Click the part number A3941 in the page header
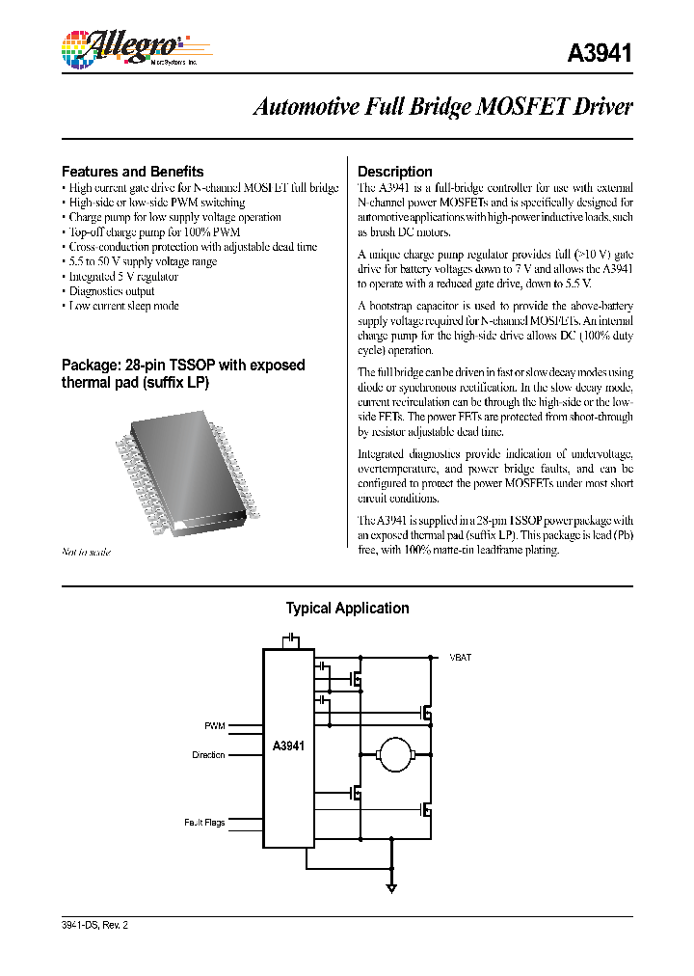[x=599, y=53]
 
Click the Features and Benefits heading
[x=132, y=172]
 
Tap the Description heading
[x=395, y=172]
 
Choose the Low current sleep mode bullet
[x=123, y=306]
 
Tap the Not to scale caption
[x=87, y=552]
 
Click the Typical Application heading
[x=347, y=609]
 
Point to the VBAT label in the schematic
[x=461, y=657]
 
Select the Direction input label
[x=208, y=755]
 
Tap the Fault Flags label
[x=204, y=823]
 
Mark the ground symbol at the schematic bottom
[x=391, y=887]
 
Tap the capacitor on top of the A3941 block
[x=290, y=639]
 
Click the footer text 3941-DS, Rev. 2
[x=94, y=925]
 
